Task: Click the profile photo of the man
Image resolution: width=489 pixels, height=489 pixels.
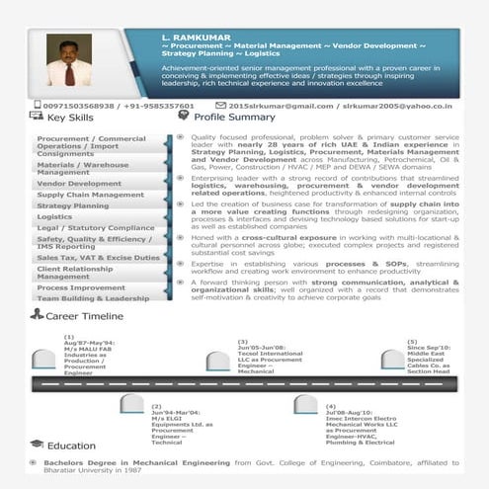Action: [69, 61]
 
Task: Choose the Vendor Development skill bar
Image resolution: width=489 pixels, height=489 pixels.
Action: [80, 184]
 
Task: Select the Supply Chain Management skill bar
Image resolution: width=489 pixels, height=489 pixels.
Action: [91, 195]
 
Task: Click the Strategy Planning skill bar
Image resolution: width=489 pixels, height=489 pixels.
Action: [74, 206]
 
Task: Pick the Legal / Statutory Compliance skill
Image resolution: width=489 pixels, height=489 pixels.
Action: [96, 228]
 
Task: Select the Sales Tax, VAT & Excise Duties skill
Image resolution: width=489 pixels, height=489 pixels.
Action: [98, 258]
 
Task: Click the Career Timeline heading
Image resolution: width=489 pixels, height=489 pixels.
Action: [84, 315]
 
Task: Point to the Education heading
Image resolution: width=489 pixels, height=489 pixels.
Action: [70, 446]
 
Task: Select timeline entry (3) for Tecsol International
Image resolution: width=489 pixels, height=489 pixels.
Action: [269, 357]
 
